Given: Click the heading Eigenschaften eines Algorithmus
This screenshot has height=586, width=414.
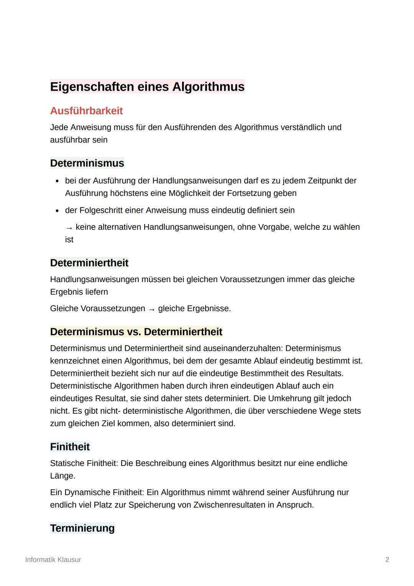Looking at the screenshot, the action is [x=147, y=87].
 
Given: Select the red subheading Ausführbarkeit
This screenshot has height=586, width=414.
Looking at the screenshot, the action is [x=86, y=111].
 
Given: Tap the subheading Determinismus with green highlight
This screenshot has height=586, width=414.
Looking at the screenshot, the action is [x=87, y=163].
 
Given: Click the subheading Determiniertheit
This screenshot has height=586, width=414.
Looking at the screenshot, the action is [x=89, y=263].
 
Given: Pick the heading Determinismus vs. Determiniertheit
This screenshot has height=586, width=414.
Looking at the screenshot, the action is [x=136, y=332].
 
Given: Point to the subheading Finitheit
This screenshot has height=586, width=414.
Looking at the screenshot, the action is [x=70, y=447].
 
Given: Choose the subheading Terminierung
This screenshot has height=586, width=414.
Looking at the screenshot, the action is [x=82, y=528].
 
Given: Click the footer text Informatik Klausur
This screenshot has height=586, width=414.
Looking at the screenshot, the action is [x=53, y=560].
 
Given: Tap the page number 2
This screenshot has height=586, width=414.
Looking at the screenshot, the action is [x=387, y=560].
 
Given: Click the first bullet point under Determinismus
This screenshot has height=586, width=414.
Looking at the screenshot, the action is [x=57, y=181].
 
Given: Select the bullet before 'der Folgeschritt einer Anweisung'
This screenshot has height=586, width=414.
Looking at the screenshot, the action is [x=57, y=211].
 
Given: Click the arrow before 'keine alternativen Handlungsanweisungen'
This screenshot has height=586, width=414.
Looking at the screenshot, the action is [x=69, y=228].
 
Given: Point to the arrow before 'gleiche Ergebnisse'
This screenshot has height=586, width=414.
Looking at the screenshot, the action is [x=152, y=309].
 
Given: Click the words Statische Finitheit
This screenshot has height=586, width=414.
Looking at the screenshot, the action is [x=84, y=463].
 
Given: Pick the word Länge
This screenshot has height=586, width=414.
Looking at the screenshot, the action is [x=62, y=476].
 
